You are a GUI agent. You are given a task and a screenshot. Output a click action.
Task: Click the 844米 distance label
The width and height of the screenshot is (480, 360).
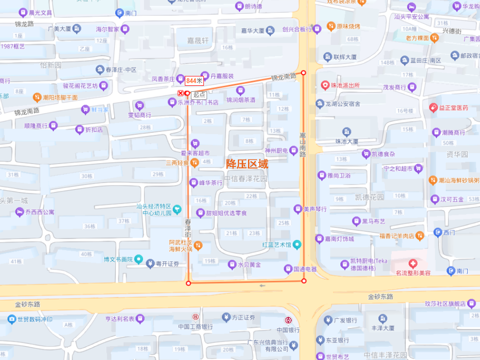[194, 81]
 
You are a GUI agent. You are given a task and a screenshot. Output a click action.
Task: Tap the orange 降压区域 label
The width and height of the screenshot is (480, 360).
[247, 164]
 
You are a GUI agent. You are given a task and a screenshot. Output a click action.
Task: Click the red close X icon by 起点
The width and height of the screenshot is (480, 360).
[180, 93]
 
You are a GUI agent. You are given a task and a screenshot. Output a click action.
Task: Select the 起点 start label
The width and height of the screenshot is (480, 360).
[199, 94]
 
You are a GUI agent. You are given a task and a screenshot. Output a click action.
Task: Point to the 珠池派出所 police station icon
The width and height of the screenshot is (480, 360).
[325, 85]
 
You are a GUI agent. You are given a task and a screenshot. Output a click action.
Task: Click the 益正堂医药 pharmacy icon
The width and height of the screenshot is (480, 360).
[433, 108]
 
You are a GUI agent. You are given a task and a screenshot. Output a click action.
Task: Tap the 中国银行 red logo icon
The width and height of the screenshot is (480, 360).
[288, 320]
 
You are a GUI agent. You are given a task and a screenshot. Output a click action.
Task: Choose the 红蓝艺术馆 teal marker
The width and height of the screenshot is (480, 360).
[298, 245]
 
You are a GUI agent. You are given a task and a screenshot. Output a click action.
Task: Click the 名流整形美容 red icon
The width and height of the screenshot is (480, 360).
[413, 263]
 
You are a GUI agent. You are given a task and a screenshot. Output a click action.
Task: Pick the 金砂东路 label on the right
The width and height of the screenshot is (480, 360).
[380, 296]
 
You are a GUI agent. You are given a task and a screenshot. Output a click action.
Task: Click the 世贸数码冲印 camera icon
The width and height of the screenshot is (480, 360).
[11, 319]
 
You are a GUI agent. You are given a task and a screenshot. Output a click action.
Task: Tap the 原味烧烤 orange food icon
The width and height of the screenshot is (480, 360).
[317, 27]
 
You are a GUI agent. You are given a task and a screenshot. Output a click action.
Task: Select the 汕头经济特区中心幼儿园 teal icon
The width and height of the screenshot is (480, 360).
[177, 209]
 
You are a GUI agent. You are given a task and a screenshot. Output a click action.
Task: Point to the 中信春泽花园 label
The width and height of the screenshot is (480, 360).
[245, 179]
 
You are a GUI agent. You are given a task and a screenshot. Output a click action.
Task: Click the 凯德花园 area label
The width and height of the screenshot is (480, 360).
[369, 197]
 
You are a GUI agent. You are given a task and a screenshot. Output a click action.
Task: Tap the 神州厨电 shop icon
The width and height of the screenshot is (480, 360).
[293, 151]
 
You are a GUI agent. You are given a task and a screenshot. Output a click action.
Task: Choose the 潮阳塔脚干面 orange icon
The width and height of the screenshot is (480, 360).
[37, 98]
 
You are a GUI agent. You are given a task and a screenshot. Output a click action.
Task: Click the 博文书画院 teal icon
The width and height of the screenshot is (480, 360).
[139, 260]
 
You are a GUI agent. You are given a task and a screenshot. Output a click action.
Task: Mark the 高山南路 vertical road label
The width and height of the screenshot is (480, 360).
[302, 145]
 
